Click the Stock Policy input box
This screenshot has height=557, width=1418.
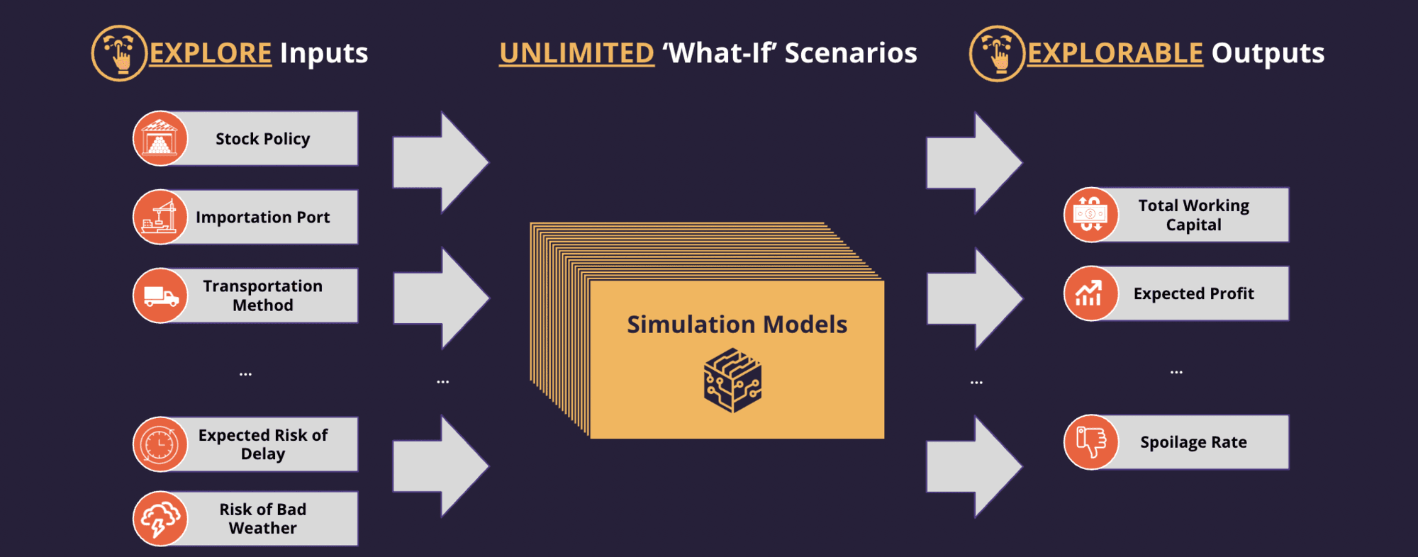(245, 138)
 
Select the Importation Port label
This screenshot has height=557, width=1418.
(263, 217)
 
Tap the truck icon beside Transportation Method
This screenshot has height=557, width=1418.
(160, 296)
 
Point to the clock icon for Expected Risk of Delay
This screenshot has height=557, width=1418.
(160, 444)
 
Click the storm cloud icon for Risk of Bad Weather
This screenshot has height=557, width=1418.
(160, 519)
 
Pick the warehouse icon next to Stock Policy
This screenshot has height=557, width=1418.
(160, 138)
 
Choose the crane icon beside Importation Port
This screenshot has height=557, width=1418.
(160, 217)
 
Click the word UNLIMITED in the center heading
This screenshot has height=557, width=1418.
(576, 53)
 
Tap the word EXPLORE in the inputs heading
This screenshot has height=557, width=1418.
(211, 53)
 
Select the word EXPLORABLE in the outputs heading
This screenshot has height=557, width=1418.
(1115, 53)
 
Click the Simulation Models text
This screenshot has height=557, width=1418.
(737, 324)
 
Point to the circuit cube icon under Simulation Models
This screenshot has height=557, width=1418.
(732, 380)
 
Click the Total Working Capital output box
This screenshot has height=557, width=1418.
(1176, 215)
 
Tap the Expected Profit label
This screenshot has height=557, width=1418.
(1194, 293)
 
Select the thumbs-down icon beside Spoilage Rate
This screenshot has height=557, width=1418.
(1091, 442)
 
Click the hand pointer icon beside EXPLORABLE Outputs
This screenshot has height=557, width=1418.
(997, 53)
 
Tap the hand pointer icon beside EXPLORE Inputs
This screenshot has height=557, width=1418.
(119, 53)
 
